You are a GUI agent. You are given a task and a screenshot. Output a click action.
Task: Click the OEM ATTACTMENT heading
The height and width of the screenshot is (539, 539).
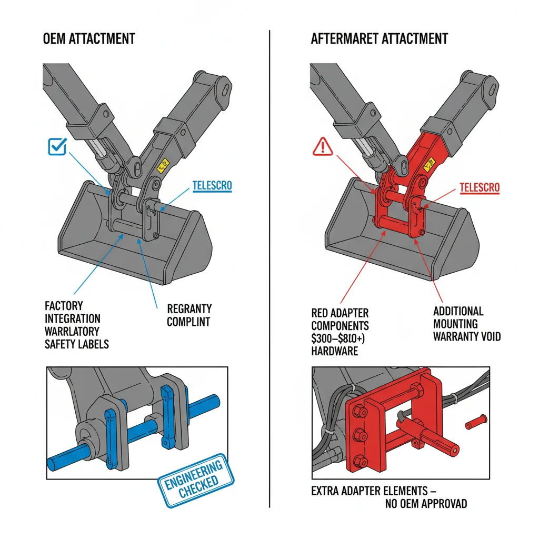[89, 38]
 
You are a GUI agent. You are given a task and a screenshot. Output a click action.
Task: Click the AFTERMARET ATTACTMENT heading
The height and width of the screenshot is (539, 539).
[380, 38]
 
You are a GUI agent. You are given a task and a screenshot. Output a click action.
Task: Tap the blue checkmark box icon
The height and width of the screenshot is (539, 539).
[57, 146]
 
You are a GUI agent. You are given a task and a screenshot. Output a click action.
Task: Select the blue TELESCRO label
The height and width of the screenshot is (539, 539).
[212, 186]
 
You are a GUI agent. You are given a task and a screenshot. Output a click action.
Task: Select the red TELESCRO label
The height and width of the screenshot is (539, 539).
[479, 187]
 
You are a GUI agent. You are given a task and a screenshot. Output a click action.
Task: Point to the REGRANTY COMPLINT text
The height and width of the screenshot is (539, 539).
[189, 315]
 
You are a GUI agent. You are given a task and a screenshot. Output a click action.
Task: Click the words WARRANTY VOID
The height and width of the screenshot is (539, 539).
[467, 336]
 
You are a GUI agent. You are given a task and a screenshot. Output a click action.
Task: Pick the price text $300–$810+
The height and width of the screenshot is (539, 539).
[340, 338]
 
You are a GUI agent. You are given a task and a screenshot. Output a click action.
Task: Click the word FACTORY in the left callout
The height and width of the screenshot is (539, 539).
[64, 306]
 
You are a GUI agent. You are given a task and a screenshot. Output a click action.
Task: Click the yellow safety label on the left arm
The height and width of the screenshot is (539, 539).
[163, 165]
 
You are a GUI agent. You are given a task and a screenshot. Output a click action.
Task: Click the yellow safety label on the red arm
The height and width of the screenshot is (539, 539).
[431, 165]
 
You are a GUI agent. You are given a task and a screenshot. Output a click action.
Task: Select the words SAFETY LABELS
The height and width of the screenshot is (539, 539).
[77, 344]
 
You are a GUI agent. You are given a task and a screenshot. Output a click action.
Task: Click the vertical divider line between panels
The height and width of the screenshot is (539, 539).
[269, 263]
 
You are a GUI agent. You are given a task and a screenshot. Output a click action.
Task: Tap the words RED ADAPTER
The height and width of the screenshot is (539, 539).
[340, 313]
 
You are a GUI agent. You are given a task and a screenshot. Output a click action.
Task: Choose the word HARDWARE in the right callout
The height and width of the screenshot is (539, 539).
[335, 351]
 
